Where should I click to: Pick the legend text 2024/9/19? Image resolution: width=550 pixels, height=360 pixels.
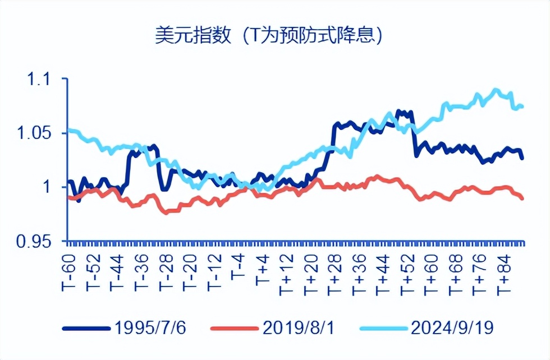[452, 327]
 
